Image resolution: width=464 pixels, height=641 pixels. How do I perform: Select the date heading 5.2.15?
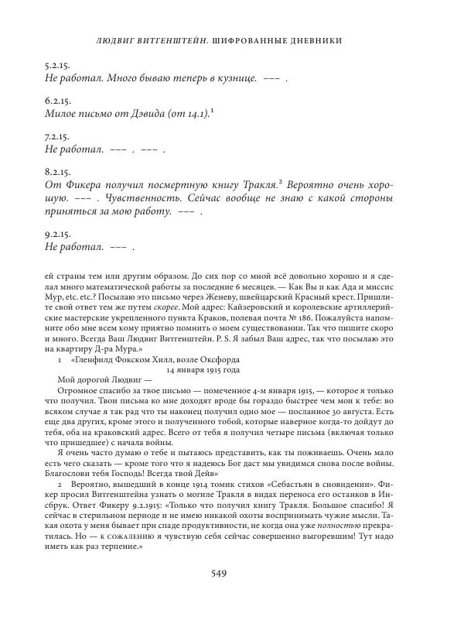coord(58,67)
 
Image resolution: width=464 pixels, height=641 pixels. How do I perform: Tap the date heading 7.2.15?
coord(58,135)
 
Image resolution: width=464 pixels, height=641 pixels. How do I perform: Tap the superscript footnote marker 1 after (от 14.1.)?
coord(212,111)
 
